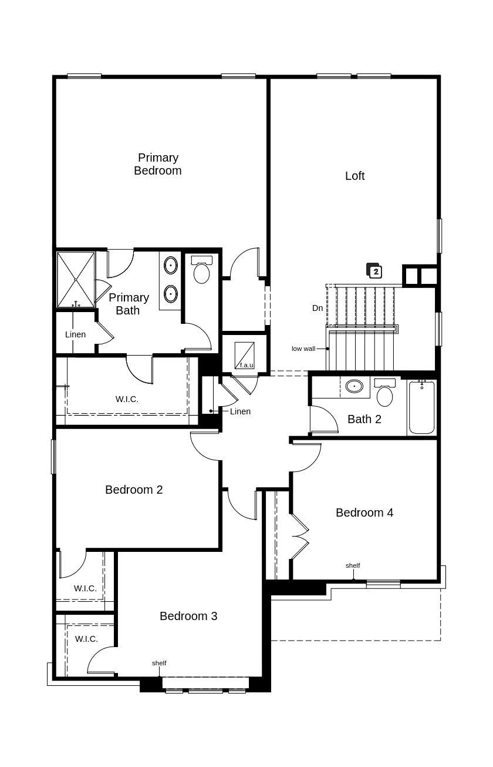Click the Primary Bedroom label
[x=158, y=164]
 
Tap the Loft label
[x=354, y=176]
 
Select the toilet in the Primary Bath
[x=201, y=272]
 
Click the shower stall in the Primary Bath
[x=76, y=279]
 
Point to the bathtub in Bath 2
[x=421, y=407]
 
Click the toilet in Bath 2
[x=384, y=394]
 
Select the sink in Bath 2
[x=354, y=386]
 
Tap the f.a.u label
[x=246, y=365]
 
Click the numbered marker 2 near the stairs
[x=375, y=272]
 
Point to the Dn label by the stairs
[x=318, y=308]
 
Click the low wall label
[x=303, y=349]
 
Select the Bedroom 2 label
[x=134, y=490]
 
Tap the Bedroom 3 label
[x=188, y=616]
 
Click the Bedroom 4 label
[x=364, y=513]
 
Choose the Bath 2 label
[x=364, y=419]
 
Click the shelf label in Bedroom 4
[x=353, y=565]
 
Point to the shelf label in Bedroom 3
[x=159, y=663]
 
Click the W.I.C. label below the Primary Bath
[x=127, y=399]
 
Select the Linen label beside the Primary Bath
[x=75, y=334]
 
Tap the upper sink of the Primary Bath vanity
[x=171, y=265]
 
